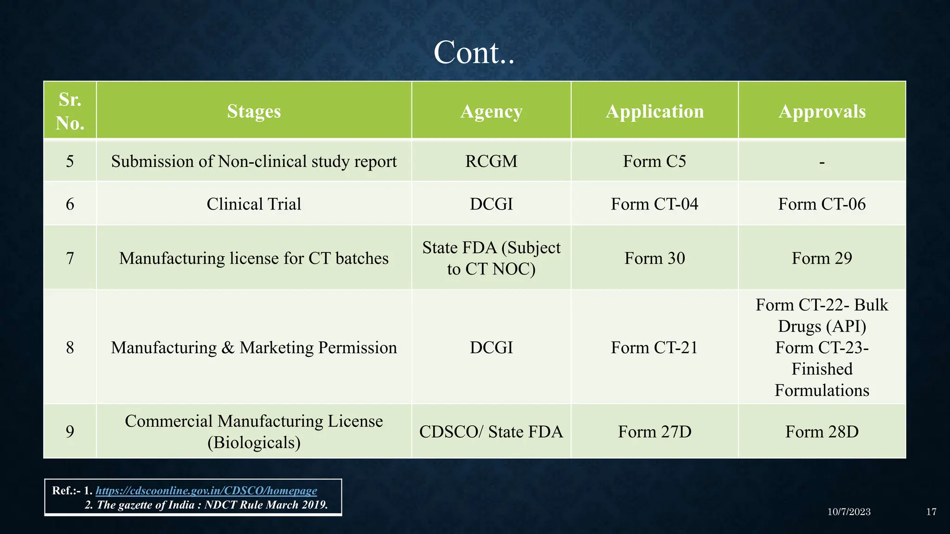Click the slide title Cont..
(x=474, y=52)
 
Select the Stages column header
(x=254, y=111)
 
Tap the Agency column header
(x=491, y=111)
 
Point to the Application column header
(x=655, y=111)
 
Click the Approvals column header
(x=822, y=111)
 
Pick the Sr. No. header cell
(x=70, y=111)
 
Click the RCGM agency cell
(x=491, y=161)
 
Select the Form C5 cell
(x=655, y=161)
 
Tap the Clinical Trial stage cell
(x=254, y=204)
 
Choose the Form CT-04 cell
(x=655, y=204)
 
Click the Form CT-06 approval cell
(x=822, y=204)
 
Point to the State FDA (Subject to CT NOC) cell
(x=491, y=258)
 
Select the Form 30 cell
(x=655, y=258)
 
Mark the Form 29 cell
(x=822, y=258)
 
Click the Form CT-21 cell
(x=655, y=348)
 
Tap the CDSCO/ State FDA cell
(x=491, y=432)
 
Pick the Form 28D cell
(x=822, y=432)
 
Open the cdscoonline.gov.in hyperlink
(x=206, y=490)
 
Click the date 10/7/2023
(x=849, y=512)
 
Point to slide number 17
(x=931, y=512)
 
